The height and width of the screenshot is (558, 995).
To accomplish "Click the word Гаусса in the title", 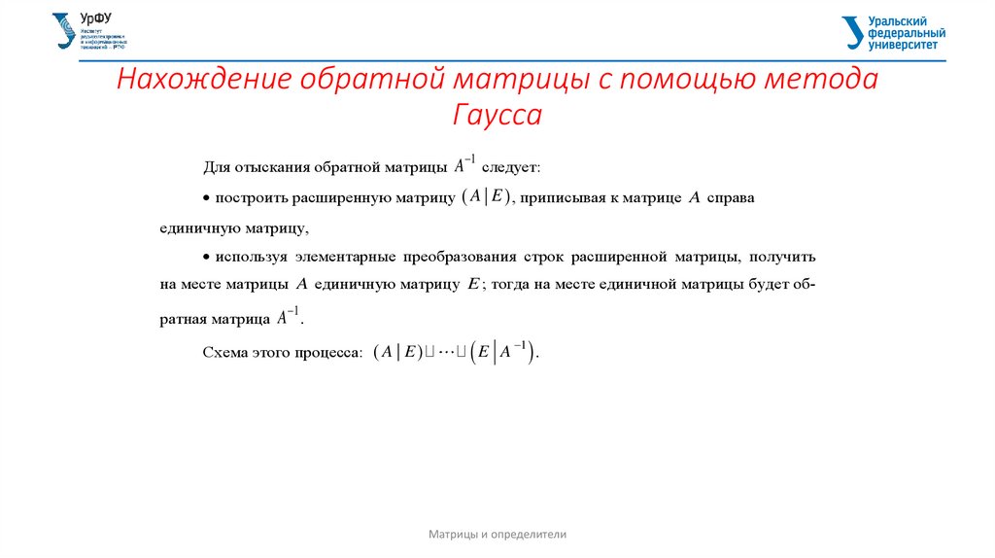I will pos(497,117).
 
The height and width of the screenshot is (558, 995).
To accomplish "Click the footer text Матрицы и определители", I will pos(497,535).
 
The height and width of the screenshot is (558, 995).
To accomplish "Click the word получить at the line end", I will pos(783,258).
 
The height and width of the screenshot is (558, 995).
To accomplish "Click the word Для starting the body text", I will pos(216,168).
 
